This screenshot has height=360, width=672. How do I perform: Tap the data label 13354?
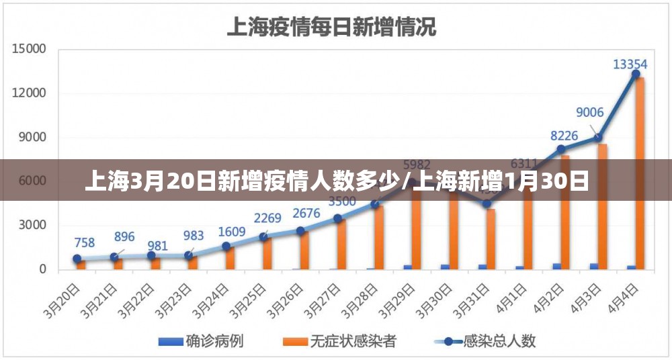tap(630, 64)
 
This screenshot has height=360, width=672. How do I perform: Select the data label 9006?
tap(589, 112)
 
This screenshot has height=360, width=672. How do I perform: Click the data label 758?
tap(85, 242)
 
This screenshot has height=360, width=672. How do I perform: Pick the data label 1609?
tap(233, 232)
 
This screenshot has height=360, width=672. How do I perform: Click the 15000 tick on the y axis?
tap(28, 49)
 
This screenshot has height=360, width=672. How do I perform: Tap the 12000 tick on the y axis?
tap(28, 93)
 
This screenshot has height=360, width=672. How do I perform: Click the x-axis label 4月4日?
tap(622, 299)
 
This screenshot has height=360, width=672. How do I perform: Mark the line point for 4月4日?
tap(635, 74)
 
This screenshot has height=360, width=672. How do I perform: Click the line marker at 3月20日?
tap(77, 259)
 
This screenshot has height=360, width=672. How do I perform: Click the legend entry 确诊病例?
tap(201, 341)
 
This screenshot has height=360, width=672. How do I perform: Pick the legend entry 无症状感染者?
tap(339, 341)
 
